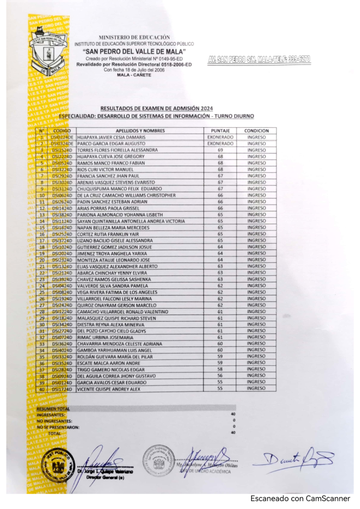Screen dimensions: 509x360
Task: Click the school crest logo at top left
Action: point(48,50)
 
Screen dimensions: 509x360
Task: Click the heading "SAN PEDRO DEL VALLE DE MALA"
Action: point(134,51)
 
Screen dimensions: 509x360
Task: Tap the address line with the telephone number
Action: point(259,59)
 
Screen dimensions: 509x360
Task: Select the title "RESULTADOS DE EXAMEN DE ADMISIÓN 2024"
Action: point(156,108)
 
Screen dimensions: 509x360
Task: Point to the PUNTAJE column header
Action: point(220,130)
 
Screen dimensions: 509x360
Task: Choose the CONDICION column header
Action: point(257,130)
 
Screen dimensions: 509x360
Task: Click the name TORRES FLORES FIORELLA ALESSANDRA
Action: point(118,150)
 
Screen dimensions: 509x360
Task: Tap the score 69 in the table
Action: point(220,150)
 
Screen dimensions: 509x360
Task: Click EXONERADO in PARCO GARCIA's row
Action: point(220,143)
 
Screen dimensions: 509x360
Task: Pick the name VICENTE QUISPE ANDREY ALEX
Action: point(109,389)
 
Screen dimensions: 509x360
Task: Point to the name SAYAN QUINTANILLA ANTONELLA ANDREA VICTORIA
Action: point(131,221)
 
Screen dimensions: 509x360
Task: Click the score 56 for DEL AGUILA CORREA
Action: point(220,376)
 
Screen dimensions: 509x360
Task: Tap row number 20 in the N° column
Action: point(42,259)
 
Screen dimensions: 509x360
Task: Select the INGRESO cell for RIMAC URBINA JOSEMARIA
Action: point(257,337)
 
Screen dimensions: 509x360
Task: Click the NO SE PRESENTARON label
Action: point(58,427)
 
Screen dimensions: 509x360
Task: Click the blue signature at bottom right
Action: point(293,458)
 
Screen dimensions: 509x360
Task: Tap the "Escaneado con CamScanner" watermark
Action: point(300,499)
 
